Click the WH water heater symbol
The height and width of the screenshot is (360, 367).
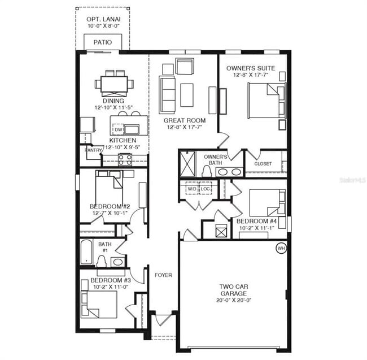point(281,248)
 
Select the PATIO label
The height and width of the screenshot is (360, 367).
point(102,42)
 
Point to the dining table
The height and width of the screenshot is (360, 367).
point(115,84)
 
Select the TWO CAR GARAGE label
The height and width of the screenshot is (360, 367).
point(234,290)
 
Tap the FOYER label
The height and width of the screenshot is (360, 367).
point(164,275)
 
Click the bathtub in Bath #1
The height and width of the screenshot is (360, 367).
point(86,252)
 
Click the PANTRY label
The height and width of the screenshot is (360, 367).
point(93,150)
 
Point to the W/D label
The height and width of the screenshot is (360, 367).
point(192,189)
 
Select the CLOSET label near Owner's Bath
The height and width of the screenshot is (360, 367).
point(263,164)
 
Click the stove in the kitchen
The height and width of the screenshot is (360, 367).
point(125,159)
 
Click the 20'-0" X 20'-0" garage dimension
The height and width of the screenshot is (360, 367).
point(234,300)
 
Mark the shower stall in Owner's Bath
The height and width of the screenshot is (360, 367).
point(187,164)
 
